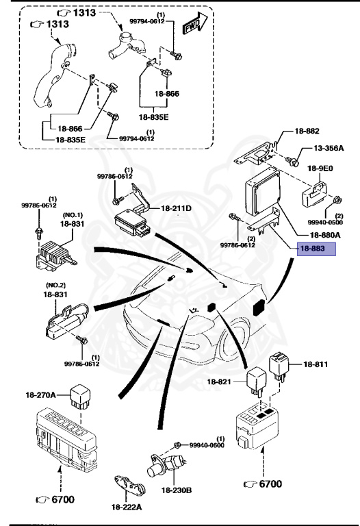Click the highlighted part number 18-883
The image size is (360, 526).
click(x=316, y=249)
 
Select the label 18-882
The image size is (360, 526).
click(x=307, y=130)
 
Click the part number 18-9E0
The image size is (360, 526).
click(x=321, y=167)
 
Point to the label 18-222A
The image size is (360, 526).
click(x=128, y=506)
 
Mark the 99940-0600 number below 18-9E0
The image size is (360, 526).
click(x=328, y=221)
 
